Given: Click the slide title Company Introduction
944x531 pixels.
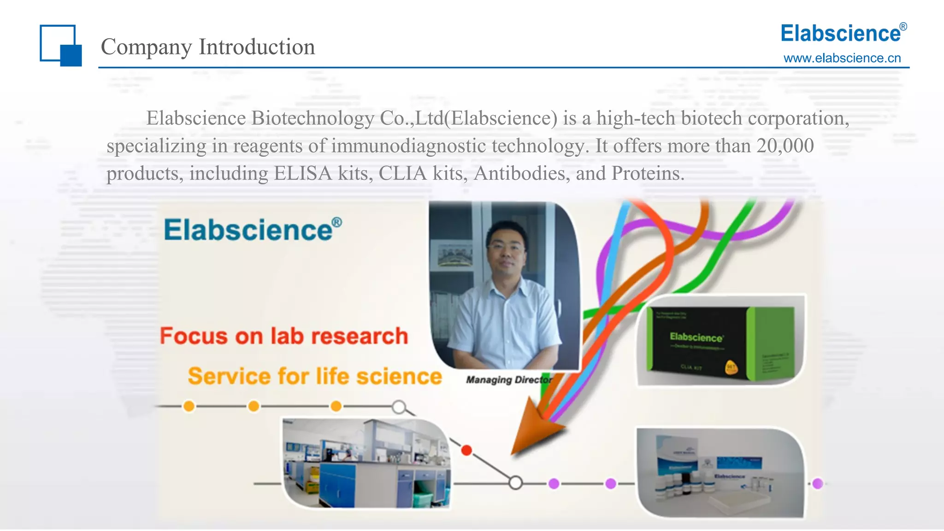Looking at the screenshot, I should pyautogui.click(x=207, y=47).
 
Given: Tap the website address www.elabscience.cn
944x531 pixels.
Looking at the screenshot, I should pyautogui.click(x=842, y=58).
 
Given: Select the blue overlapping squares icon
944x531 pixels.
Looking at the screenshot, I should pyautogui.click(x=60, y=45).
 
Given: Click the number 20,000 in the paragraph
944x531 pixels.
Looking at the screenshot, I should pyautogui.click(x=785, y=146).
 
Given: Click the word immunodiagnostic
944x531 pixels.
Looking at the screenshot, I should pyautogui.click(x=408, y=146).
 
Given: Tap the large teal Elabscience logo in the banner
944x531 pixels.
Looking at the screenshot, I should pyautogui.click(x=252, y=230).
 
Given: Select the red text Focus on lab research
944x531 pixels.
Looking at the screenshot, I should pyautogui.click(x=283, y=336).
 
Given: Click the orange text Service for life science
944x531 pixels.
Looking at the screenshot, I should pyautogui.click(x=315, y=376).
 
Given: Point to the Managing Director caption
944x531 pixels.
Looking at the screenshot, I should pyautogui.click(x=508, y=380).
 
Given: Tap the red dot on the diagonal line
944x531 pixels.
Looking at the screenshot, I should pyautogui.click(x=466, y=450).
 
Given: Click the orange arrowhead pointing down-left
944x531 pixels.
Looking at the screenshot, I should pyautogui.click(x=535, y=429).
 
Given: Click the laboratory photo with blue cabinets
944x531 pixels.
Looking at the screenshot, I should pyautogui.click(x=366, y=463).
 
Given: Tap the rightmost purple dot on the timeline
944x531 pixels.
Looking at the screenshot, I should pyautogui.click(x=818, y=484).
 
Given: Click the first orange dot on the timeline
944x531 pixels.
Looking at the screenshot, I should pyautogui.click(x=189, y=406).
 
